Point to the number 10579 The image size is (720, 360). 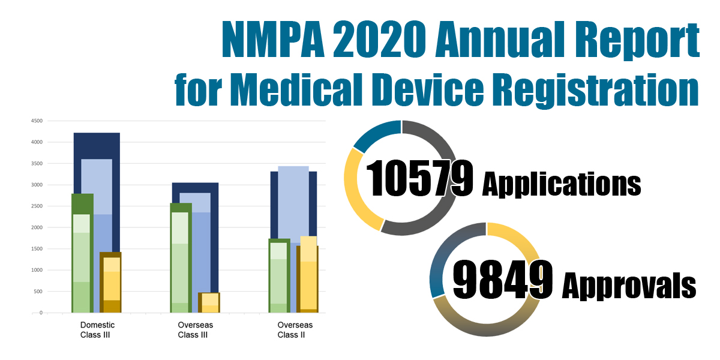pos(419,178)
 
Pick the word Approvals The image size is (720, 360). pos(628,286)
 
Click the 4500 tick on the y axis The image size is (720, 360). pos(36,121)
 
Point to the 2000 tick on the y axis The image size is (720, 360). pos(36,227)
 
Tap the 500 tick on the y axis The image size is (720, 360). pos(37,292)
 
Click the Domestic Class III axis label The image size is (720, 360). pos(97,330)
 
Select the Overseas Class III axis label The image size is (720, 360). pos(195,330)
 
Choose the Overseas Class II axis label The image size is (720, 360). pos(295,330)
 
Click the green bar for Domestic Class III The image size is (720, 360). pos(82,252)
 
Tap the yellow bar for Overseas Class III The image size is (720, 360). pos(209,302)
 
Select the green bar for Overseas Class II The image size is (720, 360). pos(279,276)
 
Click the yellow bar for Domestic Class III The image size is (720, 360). pos(110,282)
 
